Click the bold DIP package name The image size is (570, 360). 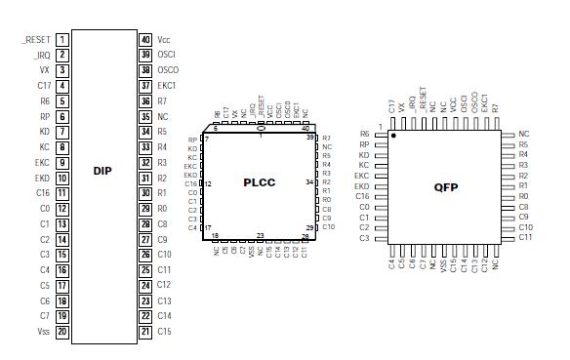click(103, 171)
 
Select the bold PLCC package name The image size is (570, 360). click(261, 181)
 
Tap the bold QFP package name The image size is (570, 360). click(447, 187)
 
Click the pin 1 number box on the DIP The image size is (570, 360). click(61, 40)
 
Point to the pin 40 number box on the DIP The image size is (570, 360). click(145, 40)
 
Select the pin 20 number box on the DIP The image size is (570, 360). click(61, 332)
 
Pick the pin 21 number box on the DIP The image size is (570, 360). click(145, 332)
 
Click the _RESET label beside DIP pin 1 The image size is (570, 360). click(36, 40)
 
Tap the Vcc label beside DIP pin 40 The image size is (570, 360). click(164, 40)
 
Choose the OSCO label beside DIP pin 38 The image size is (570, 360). click(168, 70)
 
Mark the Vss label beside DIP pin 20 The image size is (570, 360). click(43, 332)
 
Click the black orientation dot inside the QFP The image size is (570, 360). click(393, 136)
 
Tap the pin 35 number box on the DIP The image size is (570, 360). click(145, 116)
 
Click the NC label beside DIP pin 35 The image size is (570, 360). click(163, 116)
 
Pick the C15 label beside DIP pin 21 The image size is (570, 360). click(165, 332)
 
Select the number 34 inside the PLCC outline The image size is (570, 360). click(308, 181)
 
